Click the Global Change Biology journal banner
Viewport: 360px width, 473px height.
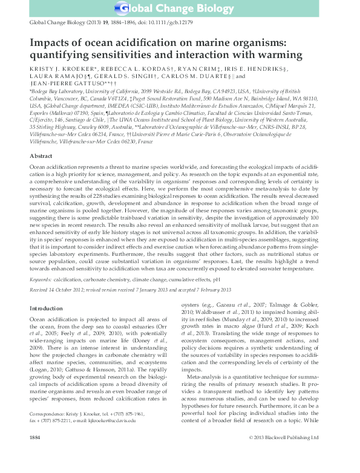tap(180, 8)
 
